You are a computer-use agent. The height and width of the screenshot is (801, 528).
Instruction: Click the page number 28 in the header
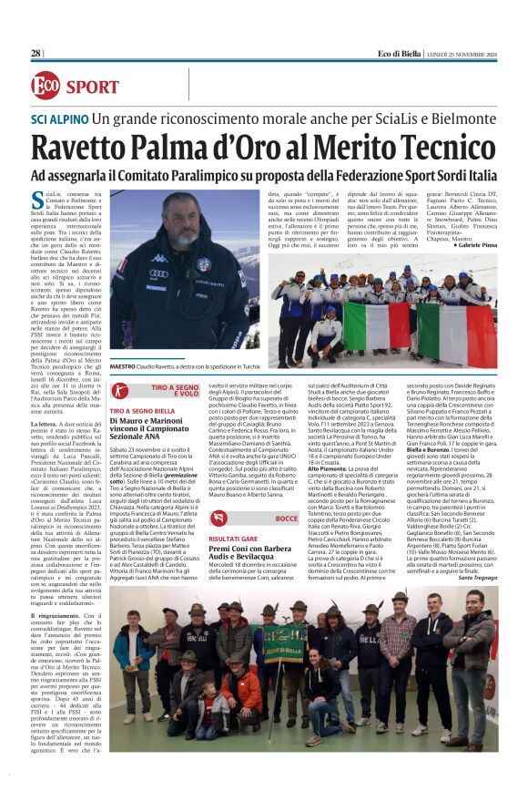[36, 54]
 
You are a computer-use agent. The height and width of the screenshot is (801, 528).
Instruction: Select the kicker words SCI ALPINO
[58, 119]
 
